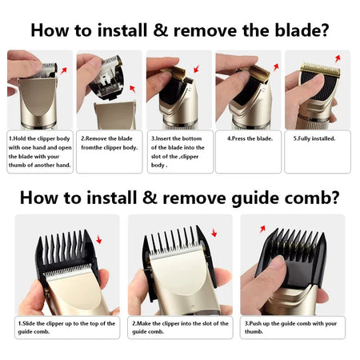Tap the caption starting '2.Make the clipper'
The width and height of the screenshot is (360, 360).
pyautogui.click(x=180, y=328)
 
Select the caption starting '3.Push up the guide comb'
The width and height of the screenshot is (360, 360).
pyautogui.click(x=293, y=328)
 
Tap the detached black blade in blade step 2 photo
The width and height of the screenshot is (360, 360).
pyautogui.click(x=110, y=80)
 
